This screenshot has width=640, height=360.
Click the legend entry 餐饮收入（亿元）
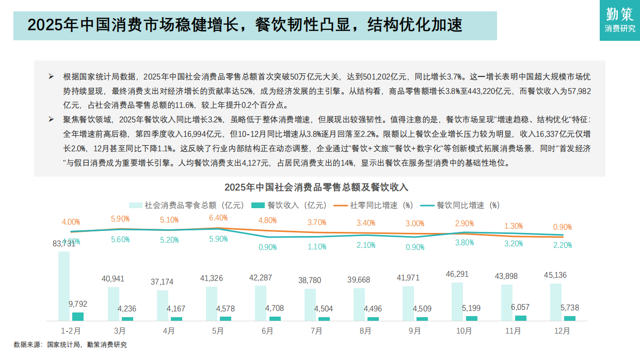[289, 205]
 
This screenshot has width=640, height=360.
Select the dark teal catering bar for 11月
[521, 318]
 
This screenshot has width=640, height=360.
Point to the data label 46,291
[457, 274]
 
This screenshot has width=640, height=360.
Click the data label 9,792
[78, 304]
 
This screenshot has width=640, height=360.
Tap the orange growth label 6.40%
[218, 218]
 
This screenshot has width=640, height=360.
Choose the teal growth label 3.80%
[464, 243]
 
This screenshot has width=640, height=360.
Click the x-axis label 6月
[267, 331]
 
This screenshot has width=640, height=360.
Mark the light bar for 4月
[163, 305]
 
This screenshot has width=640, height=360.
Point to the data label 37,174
[162, 282]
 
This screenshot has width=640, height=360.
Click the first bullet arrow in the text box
[51, 76]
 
